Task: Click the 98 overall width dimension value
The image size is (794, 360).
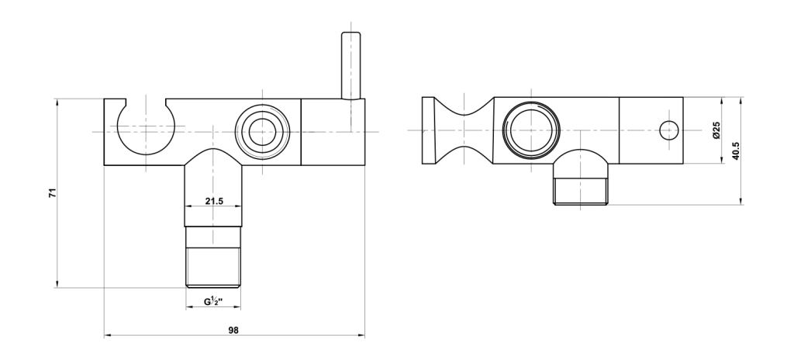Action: [x=233, y=330]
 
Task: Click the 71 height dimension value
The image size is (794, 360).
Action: [x=53, y=192]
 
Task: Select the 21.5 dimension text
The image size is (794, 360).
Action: [x=214, y=201]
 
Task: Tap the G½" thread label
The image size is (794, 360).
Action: [x=214, y=302]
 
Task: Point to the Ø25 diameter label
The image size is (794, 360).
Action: [x=716, y=130]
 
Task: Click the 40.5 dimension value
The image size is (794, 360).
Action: [x=736, y=151]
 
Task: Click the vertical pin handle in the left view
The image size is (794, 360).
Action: [x=351, y=65]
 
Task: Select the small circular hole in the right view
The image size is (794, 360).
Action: [x=669, y=131]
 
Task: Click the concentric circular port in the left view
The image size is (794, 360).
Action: [x=262, y=132]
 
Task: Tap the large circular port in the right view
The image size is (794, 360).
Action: [x=531, y=130]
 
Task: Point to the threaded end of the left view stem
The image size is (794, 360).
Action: [x=213, y=267]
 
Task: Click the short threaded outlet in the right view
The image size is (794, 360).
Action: [x=581, y=191]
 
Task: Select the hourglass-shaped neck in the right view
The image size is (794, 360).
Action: [x=464, y=130]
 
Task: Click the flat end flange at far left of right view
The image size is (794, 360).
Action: [x=428, y=130]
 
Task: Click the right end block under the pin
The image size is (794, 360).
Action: [x=333, y=132]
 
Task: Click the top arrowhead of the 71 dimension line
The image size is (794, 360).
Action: [x=57, y=102]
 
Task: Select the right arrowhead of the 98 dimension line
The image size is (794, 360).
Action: [x=361, y=335]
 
